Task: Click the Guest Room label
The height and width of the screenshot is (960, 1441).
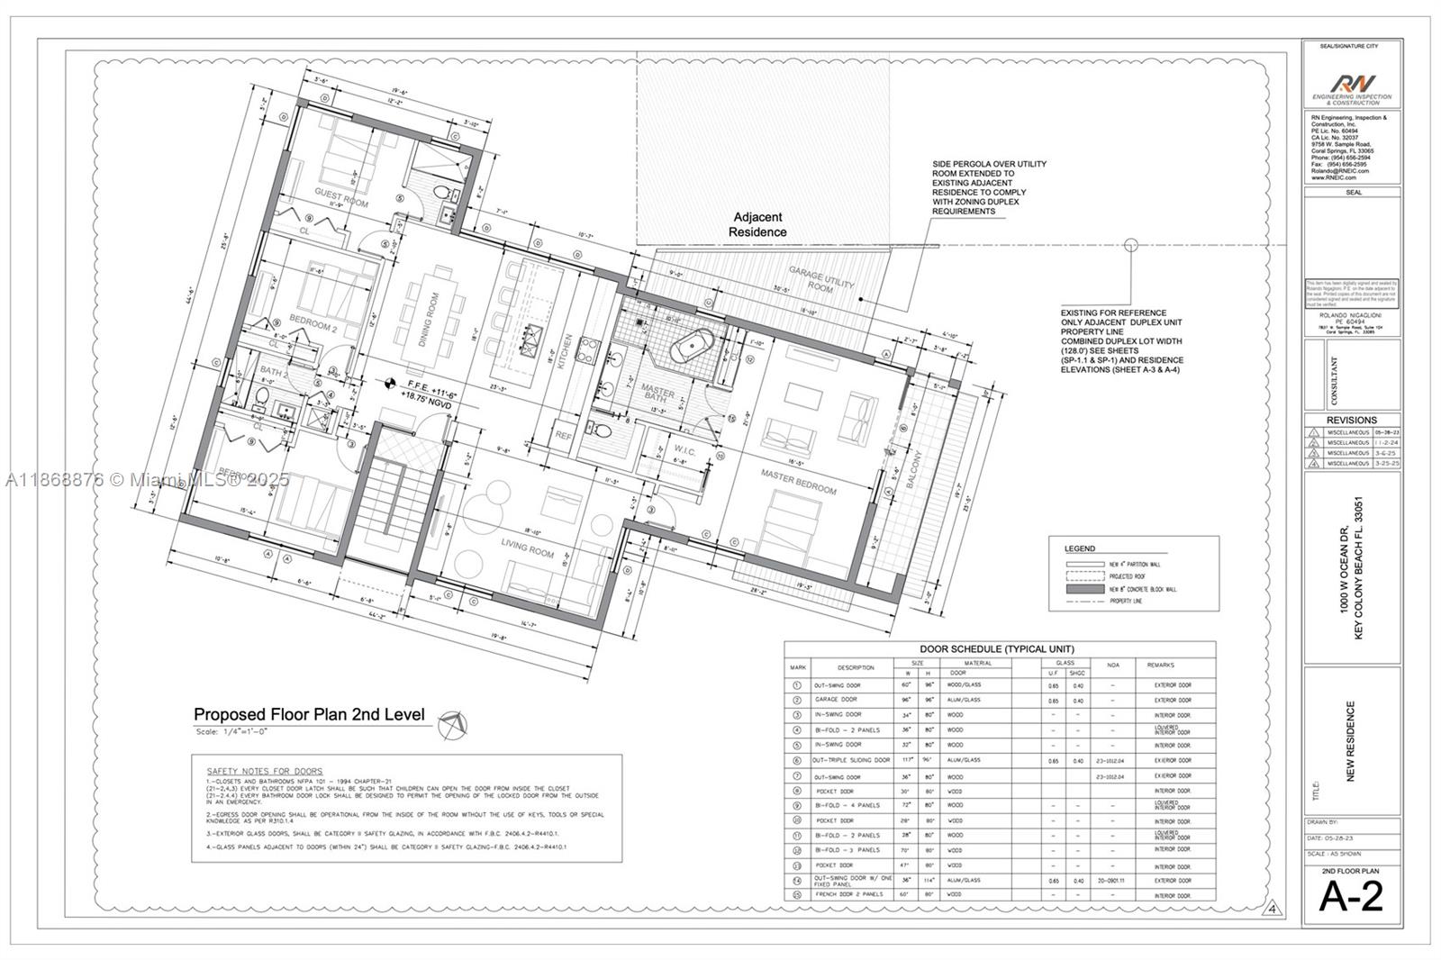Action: pyautogui.click(x=341, y=197)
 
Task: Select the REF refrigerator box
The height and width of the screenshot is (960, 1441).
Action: pyautogui.click(x=564, y=435)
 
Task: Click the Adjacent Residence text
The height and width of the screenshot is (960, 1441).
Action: pyautogui.click(x=757, y=224)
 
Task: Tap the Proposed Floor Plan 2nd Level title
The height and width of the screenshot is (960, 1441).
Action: pyautogui.click(x=309, y=714)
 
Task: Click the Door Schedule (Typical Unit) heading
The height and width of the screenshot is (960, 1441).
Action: pyautogui.click(x=996, y=648)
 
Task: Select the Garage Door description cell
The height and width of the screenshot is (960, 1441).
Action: pyautogui.click(x=836, y=700)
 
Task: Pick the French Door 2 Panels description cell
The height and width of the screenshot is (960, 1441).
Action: pyautogui.click(x=838, y=895)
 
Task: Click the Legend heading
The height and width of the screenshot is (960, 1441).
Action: pyautogui.click(x=1080, y=548)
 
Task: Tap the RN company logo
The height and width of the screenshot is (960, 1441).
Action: pyautogui.click(x=1352, y=85)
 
